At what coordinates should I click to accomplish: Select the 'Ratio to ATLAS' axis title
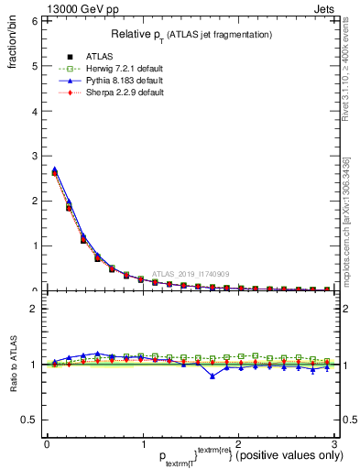[12, 366]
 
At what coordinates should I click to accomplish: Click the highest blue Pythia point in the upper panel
[54, 169]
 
